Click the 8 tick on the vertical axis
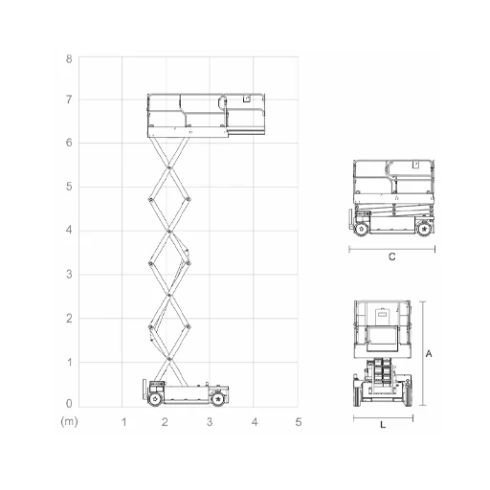[x=69, y=59]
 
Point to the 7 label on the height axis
[x=69, y=100]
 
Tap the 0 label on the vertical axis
[x=69, y=404]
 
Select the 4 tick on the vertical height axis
[x=69, y=230]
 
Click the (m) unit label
[x=69, y=422]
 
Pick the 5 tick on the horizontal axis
[x=299, y=422]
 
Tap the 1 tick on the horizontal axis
[x=123, y=422]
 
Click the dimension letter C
[x=392, y=256]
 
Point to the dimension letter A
[x=429, y=354]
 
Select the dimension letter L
[x=383, y=425]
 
